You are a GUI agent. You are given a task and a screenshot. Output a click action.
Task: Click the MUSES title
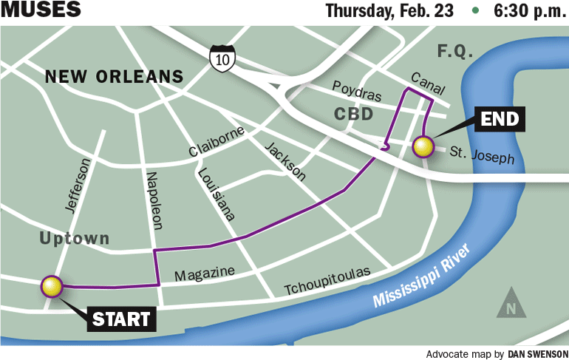click(41, 11)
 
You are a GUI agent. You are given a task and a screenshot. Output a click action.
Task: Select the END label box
click(500, 118)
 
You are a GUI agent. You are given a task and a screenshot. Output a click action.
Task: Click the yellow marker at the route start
click(52, 286)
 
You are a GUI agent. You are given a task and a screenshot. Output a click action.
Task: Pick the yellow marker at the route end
click(423, 146)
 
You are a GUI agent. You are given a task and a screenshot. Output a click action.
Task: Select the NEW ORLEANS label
click(114, 76)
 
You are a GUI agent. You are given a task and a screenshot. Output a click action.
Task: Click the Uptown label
click(75, 239)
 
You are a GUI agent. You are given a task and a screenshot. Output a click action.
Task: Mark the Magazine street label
click(204, 274)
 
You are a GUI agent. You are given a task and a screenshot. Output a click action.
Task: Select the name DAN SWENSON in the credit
click(536, 353)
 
